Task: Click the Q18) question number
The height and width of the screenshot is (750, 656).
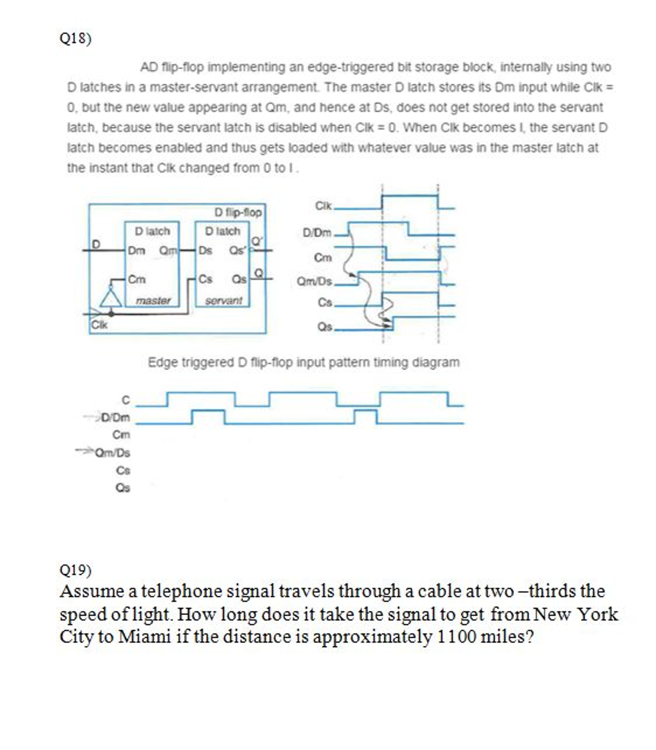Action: [x=75, y=38]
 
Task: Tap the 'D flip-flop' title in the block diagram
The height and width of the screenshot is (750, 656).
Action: [x=238, y=212]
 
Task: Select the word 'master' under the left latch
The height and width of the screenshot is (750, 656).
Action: [x=153, y=301]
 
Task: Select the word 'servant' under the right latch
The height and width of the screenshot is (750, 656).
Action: [x=223, y=301]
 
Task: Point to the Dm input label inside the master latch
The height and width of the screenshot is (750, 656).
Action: [x=136, y=251]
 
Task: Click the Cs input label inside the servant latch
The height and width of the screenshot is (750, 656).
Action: [x=205, y=279]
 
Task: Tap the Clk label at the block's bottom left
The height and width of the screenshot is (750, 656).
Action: [x=99, y=325]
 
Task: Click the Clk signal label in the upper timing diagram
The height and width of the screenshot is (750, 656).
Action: [x=323, y=206]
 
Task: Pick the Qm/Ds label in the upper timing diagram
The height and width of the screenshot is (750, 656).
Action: [x=314, y=282]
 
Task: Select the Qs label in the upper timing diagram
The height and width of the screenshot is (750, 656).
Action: [x=324, y=327]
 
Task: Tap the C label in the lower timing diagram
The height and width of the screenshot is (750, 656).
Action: [x=125, y=400]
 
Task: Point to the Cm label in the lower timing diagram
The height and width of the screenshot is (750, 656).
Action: [x=121, y=435]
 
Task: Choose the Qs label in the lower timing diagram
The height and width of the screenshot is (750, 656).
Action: [x=123, y=488]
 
